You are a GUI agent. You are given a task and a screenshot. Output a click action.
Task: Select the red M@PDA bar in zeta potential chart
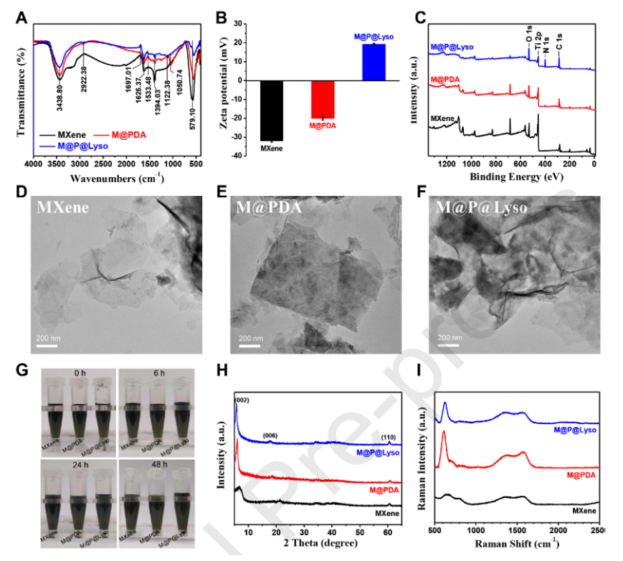pyautogui.click(x=323, y=99)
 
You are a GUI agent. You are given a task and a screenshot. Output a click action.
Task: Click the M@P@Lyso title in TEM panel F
pyautogui.click(x=482, y=207)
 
